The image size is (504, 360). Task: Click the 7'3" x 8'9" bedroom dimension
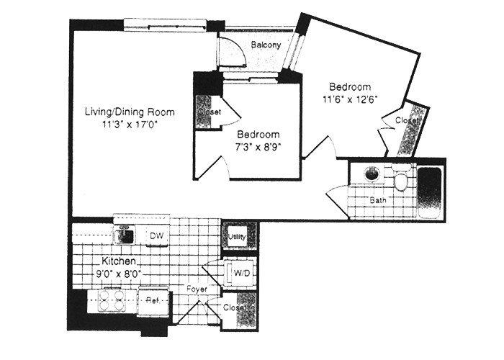258,147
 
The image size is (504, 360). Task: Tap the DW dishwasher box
155,235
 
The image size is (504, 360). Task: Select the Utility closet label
237,236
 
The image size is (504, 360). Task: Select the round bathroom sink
372,174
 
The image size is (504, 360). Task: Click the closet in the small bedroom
206,112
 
